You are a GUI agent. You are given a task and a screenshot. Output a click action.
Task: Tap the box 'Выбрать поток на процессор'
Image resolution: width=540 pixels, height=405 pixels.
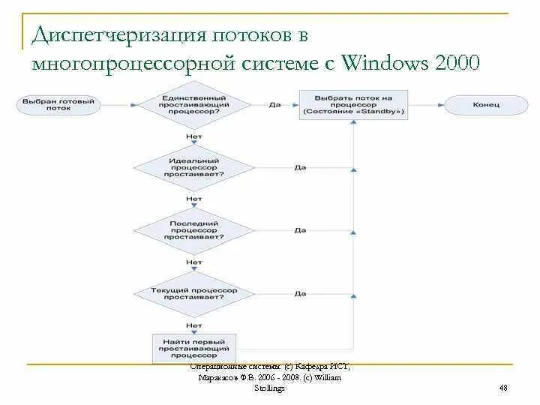coord(353,105)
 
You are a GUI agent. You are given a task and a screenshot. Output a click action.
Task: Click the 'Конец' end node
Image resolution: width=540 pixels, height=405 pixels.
coord(481,105)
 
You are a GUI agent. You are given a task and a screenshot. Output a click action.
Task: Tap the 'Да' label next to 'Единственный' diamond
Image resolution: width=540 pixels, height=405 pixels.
coord(274,105)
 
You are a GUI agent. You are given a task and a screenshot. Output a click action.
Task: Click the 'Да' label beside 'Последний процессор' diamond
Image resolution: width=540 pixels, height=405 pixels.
coord(301,229)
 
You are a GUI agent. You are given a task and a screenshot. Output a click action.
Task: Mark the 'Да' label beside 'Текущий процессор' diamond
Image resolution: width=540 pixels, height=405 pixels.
coord(301,293)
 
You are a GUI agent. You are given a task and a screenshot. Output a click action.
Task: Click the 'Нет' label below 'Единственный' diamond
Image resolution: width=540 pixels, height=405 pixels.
coord(194,136)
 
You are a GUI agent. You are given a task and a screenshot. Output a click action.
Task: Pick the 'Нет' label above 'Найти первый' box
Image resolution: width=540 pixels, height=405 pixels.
coord(194,325)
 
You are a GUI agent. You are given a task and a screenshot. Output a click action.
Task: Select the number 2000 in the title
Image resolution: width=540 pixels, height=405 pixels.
coord(454,63)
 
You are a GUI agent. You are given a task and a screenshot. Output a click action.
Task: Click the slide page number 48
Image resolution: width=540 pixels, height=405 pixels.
coord(503,388)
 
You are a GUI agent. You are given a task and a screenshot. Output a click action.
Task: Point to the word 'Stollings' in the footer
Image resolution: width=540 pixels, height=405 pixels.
coord(270,388)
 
